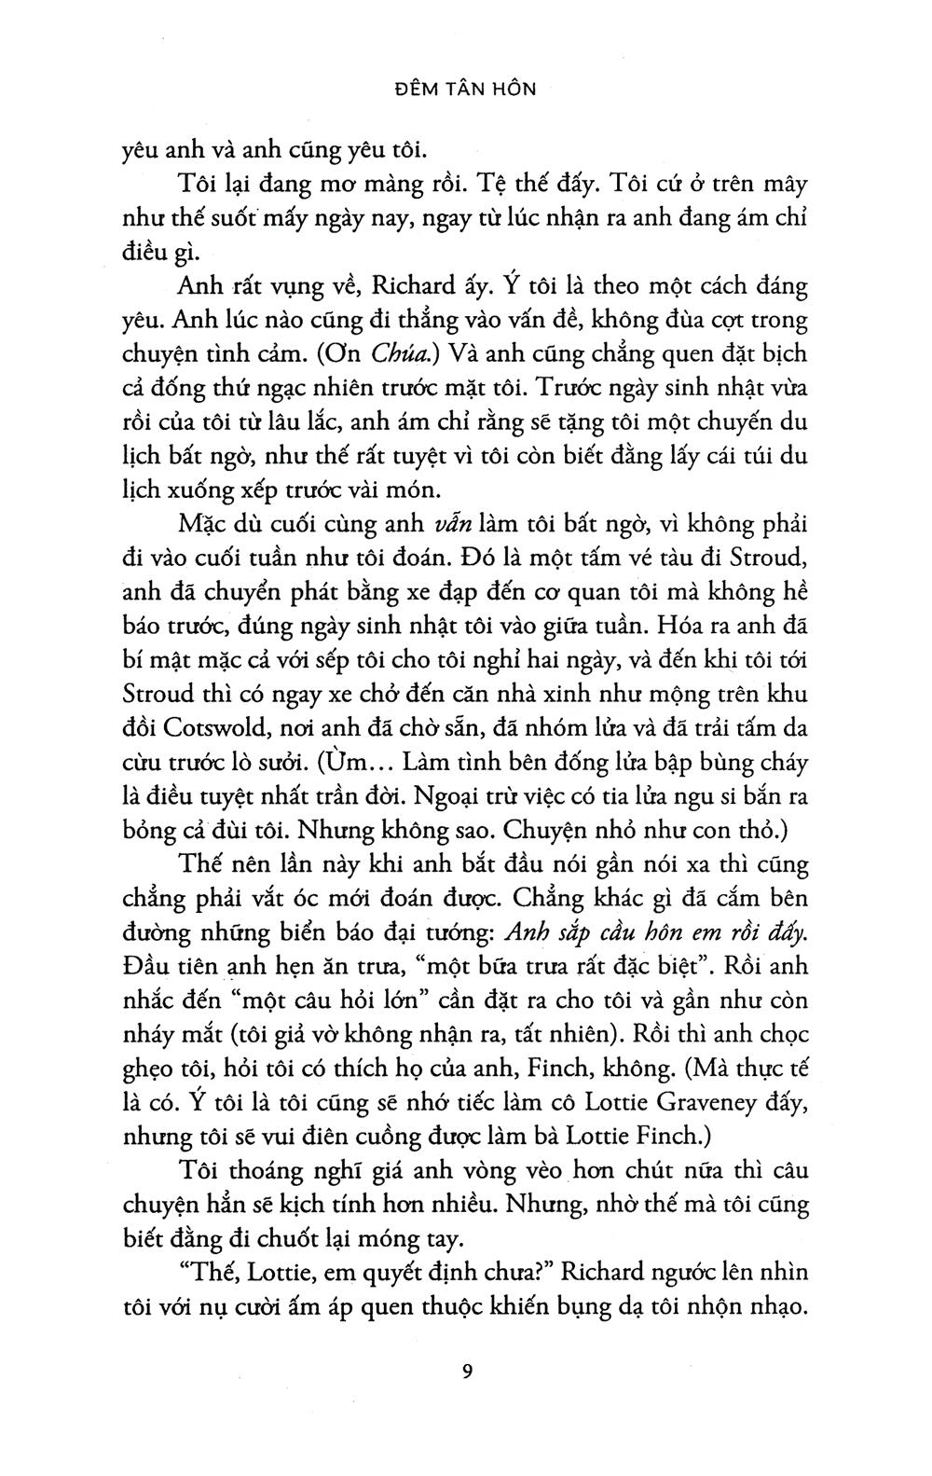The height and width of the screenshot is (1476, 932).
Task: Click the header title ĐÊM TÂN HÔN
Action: coord(465,90)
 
